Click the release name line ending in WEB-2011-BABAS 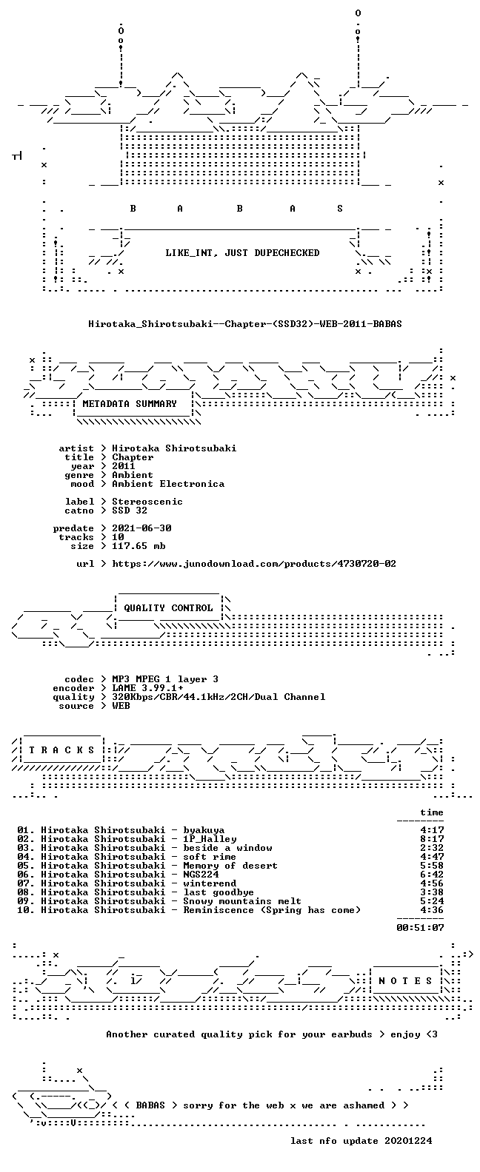244,324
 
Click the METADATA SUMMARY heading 130,403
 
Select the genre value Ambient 133,475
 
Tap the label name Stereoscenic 147,502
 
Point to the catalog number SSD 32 130,511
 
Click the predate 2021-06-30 141,528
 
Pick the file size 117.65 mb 139,546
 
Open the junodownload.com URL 254,564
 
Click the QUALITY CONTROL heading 168,608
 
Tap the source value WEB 121,706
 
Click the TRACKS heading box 61,750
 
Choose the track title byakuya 204,830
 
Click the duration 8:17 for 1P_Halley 432,839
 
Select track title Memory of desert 230,866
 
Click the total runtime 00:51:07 420,928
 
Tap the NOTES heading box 406,981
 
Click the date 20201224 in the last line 408,1141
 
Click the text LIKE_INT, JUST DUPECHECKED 242,253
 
